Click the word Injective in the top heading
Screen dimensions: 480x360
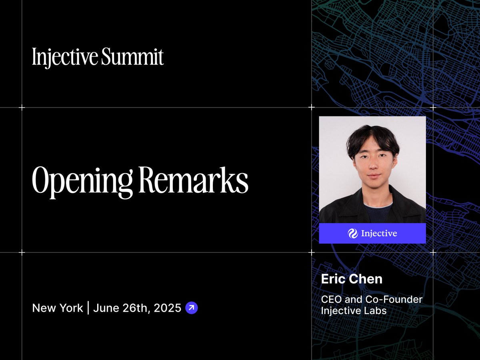65,57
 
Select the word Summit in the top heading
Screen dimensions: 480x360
132,56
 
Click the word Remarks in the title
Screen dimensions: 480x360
194,180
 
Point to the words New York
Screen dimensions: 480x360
58,308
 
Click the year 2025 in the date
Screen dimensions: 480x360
168,308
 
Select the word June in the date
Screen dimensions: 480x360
106,308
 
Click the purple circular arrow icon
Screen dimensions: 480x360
192,308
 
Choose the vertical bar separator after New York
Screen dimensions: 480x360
88,308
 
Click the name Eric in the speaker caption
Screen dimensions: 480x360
333,279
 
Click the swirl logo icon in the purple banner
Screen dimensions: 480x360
353,234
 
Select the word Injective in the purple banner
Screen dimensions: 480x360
379,234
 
